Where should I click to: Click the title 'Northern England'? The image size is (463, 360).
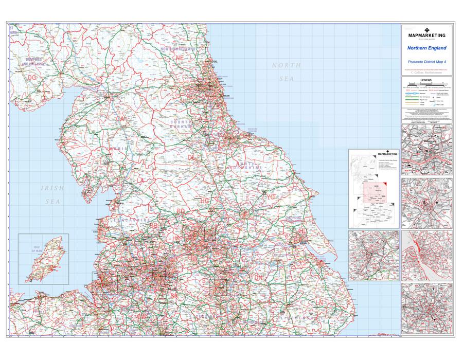click(x=426, y=48)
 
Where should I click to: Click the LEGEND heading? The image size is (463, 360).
click(x=426, y=81)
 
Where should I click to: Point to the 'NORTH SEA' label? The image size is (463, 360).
click(x=287, y=71)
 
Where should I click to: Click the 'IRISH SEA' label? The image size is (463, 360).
click(x=52, y=195)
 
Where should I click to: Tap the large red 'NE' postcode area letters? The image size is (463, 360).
click(x=180, y=59)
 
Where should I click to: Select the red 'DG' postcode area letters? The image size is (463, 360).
click(x=32, y=77)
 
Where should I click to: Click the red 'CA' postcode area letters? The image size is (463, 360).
click(x=121, y=119)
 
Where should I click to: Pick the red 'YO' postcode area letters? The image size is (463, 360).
click(x=271, y=196)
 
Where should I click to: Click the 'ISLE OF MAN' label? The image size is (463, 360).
click(x=37, y=249)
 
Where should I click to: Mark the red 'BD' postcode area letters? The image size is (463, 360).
click(x=181, y=211)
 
